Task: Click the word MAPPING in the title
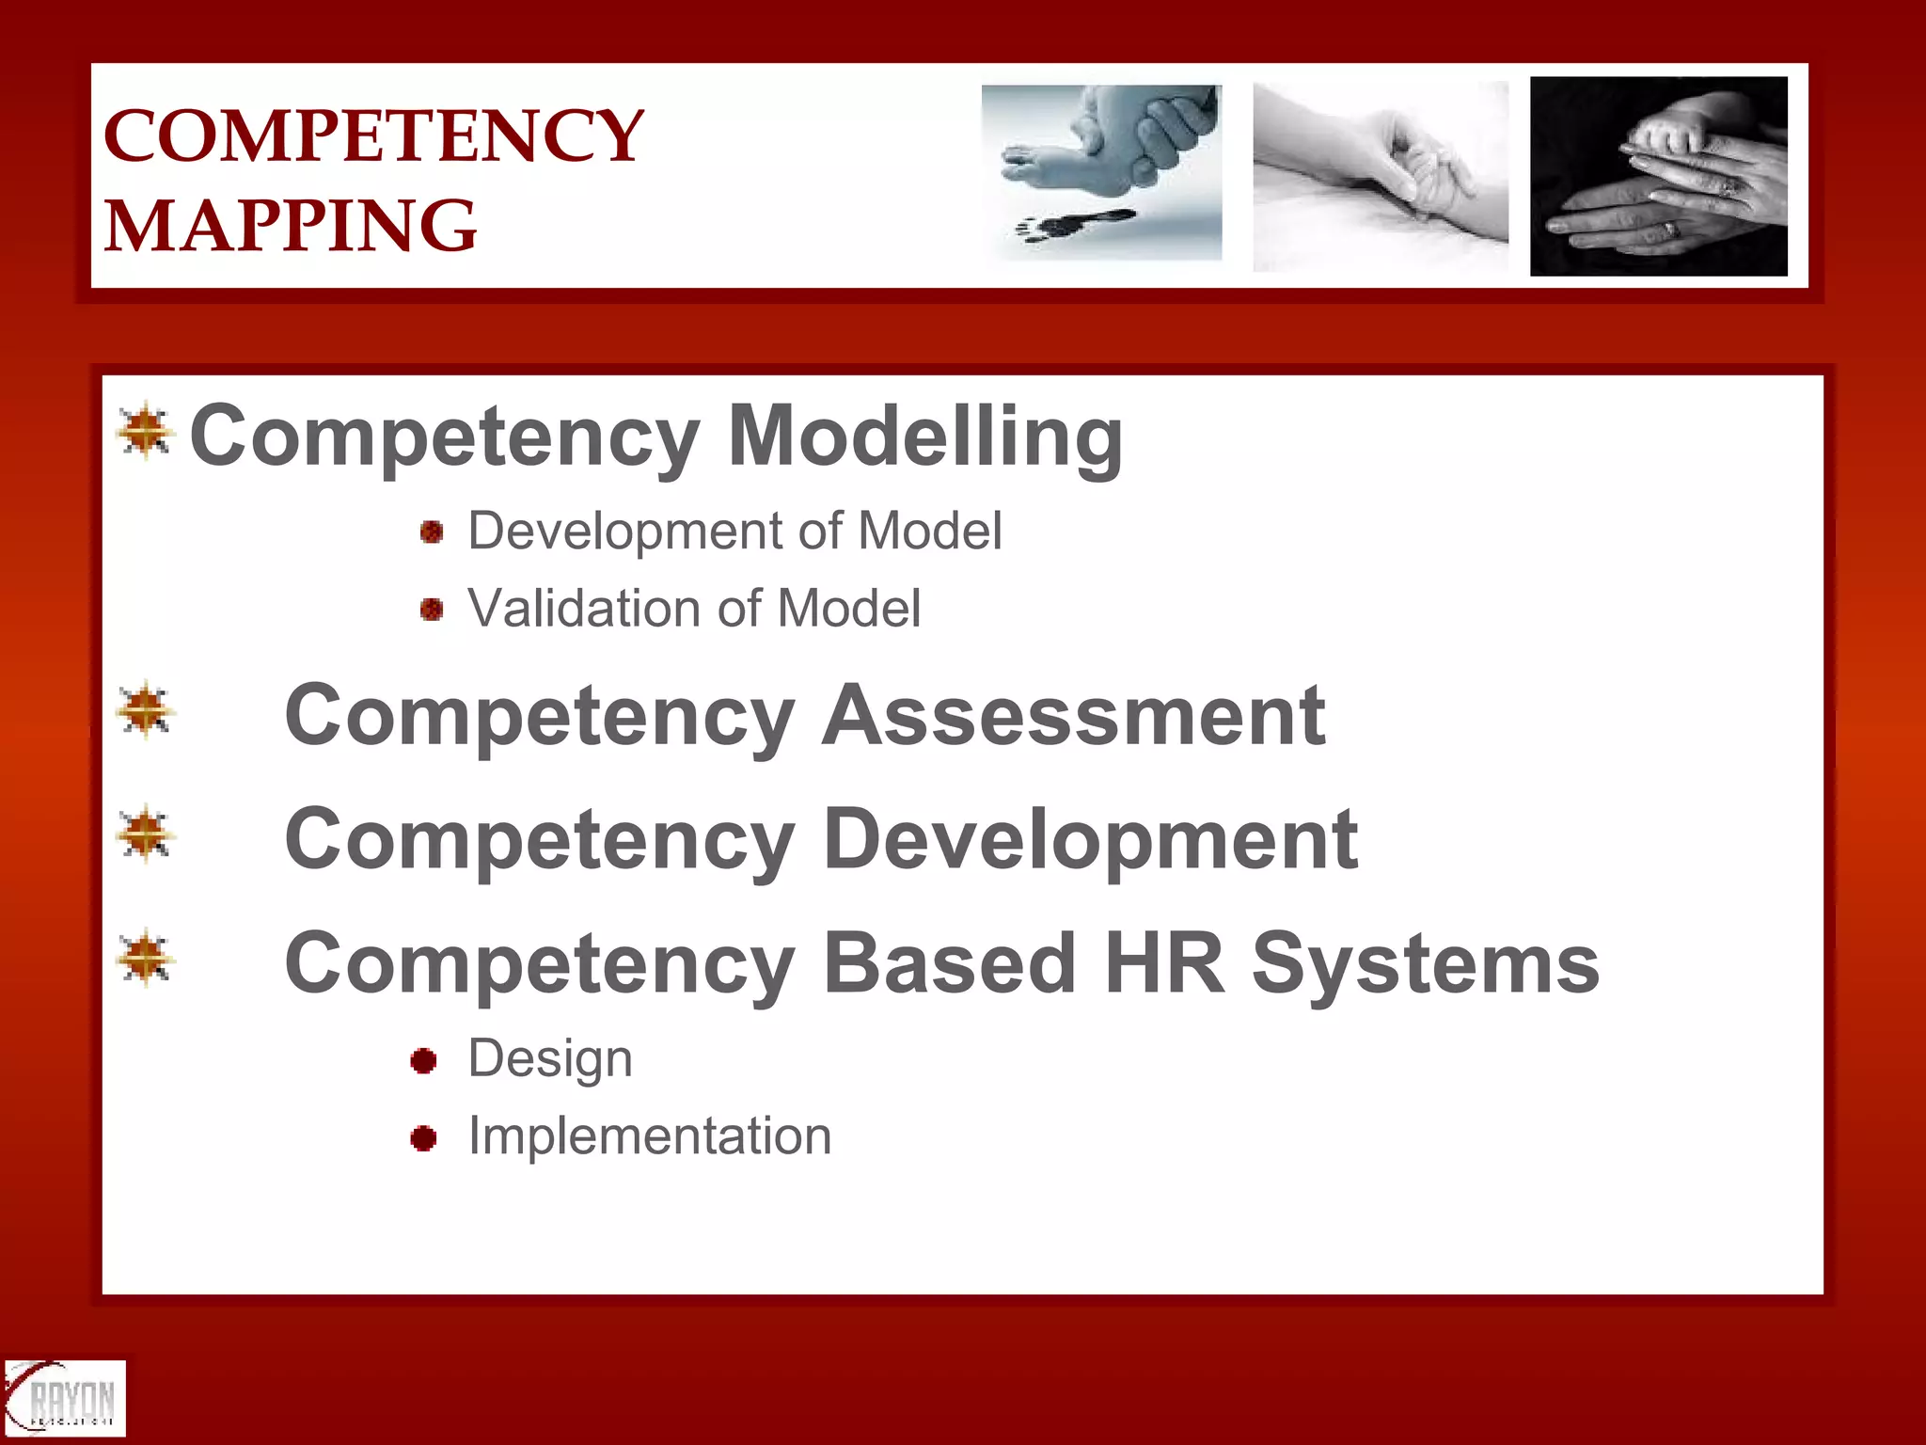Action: coord(290,226)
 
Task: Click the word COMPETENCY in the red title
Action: coord(373,136)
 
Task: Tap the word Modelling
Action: coord(925,437)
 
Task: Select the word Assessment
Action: coord(1074,717)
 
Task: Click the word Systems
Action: coord(1425,965)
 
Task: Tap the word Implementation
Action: coord(650,1136)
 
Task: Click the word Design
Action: coord(550,1059)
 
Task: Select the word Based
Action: coord(950,963)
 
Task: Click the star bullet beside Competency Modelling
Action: coord(146,432)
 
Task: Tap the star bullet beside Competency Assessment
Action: coord(146,710)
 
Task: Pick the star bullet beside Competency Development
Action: coord(146,834)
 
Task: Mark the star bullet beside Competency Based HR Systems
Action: coord(146,959)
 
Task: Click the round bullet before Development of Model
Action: coord(432,532)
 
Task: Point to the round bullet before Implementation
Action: coord(424,1138)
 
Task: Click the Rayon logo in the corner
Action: coord(64,1398)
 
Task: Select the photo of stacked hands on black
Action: coord(1659,176)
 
